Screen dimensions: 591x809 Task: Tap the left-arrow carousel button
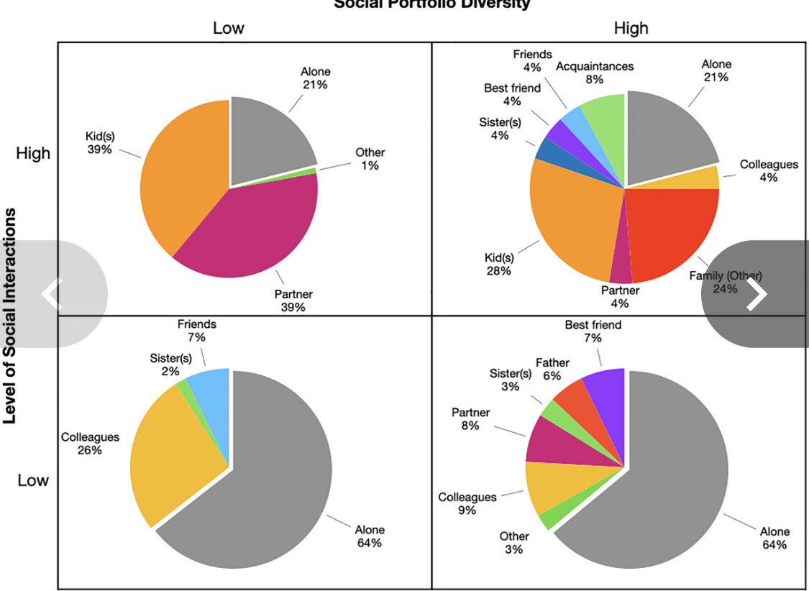tap(52, 294)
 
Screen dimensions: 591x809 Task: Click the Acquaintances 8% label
tap(595, 73)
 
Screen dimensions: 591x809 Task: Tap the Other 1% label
tap(370, 159)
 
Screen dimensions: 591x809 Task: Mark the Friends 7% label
tap(197, 331)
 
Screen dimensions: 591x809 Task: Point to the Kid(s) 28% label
tap(498, 264)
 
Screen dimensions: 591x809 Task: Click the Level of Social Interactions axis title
tap(12, 316)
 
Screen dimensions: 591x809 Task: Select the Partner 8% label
tap(471, 419)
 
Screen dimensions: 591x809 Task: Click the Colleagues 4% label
tap(769, 171)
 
